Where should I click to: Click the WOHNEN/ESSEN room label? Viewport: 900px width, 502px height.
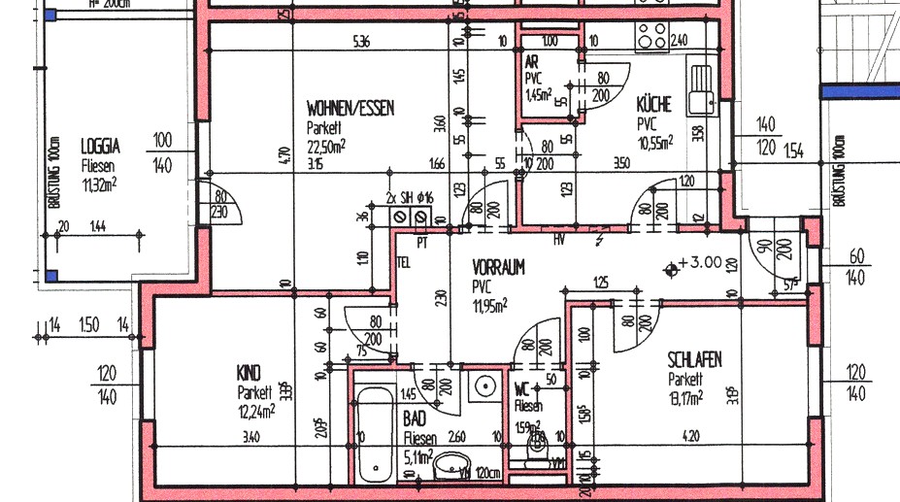[350, 109]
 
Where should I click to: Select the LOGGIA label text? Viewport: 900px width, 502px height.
[100, 147]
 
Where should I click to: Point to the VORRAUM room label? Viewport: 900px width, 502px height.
[498, 267]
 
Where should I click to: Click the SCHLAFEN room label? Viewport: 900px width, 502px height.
[694, 360]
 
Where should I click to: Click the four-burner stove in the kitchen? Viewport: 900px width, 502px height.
[651, 37]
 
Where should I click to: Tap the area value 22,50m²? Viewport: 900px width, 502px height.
[326, 146]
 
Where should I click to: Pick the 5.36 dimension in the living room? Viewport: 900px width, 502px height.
[361, 42]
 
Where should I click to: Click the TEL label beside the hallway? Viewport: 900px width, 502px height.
[403, 262]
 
